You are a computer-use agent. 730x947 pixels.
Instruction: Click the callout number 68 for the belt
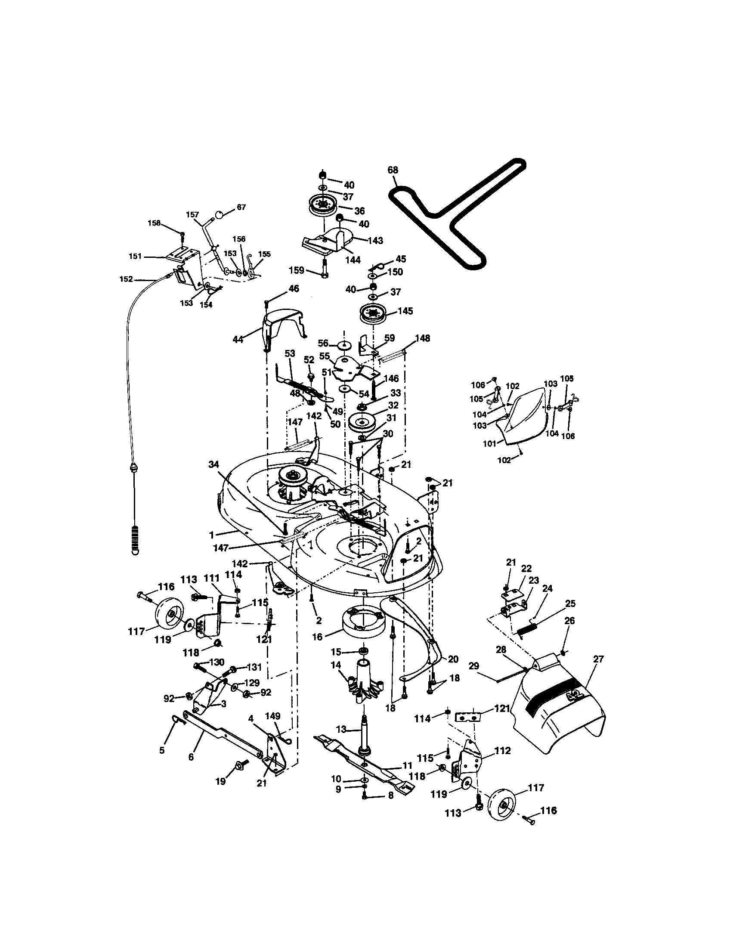pos(393,170)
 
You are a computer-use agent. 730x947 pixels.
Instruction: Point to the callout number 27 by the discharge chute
pos(598,659)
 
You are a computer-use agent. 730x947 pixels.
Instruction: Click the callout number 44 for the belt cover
pos(238,340)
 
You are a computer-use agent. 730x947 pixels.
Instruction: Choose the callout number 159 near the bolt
pos(297,271)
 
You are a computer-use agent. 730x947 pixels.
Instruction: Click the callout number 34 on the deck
pos(214,465)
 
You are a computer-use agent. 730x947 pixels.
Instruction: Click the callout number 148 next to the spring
pos(423,338)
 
